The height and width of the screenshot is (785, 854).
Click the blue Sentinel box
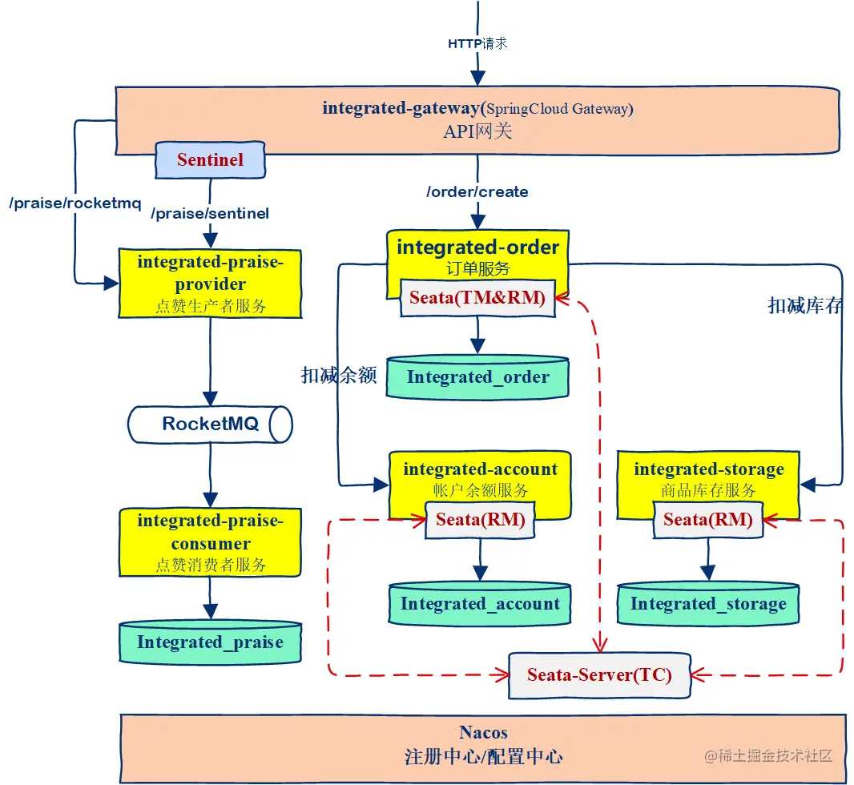pyautogui.click(x=209, y=159)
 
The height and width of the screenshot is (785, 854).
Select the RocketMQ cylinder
pyautogui.click(x=211, y=424)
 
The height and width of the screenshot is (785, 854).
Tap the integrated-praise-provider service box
pyautogui.click(x=211, y=282)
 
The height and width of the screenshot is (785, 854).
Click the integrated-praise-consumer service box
pyautogui.click(x=211, y=541)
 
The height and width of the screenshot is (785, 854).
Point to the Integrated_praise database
pyautogui.click(x=210, y=642)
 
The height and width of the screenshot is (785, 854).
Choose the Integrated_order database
pyautogui.click(x=478, y=376)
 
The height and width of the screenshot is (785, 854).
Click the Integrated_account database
pyautogui.click(x=480, y=604)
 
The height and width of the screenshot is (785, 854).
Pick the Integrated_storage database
pyautogui.click(x=708, y=604)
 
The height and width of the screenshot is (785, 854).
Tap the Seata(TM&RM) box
pyautogui.click(x=477, y=298)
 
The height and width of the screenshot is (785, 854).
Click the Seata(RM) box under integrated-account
pyautogui.click(x=480, y=520)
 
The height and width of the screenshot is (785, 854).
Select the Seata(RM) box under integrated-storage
pyautogui.click(x=708, y=520)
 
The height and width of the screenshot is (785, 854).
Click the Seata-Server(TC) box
pyautogui.click(x=599, y=674)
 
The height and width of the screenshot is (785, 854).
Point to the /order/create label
pyautogui.click(x=477, y=192)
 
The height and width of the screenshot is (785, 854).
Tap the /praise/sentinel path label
pyautogui.click(x=210, y=213)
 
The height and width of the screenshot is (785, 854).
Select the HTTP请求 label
pyautogui.click(x=477, y=43)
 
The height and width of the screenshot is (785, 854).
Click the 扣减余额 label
pyautogui.click(x=339, y=375)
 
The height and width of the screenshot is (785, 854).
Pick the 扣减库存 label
pyautogui.click(x=805, y=305)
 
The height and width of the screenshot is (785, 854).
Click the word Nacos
pyautogui.click(x=483, y=732)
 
